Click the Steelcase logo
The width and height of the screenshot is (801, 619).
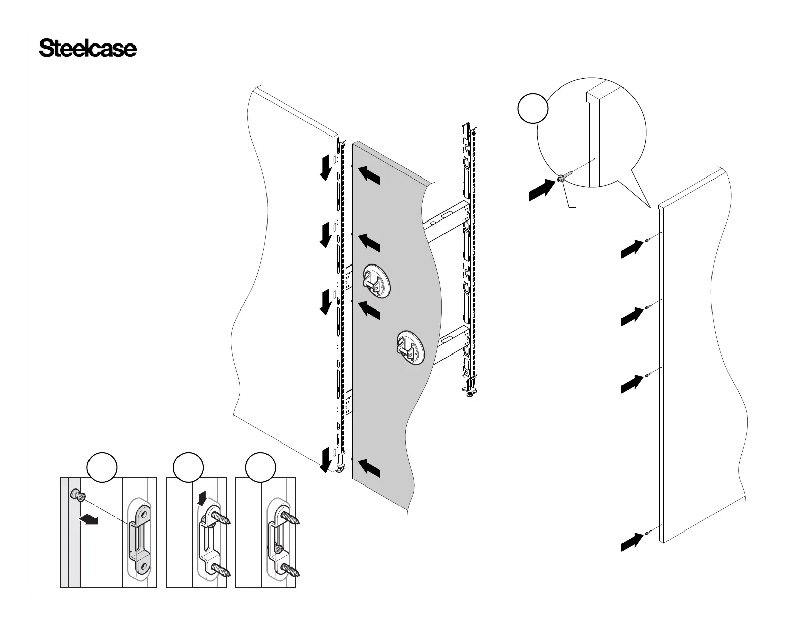87,49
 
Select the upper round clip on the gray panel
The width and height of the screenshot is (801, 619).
376,281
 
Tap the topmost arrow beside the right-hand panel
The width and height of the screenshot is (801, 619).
632,248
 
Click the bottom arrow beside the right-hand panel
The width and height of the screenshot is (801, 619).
632,541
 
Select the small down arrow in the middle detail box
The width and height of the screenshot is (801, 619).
202,499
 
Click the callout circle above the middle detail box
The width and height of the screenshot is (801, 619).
188,468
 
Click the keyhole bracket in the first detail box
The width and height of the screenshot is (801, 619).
139,537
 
